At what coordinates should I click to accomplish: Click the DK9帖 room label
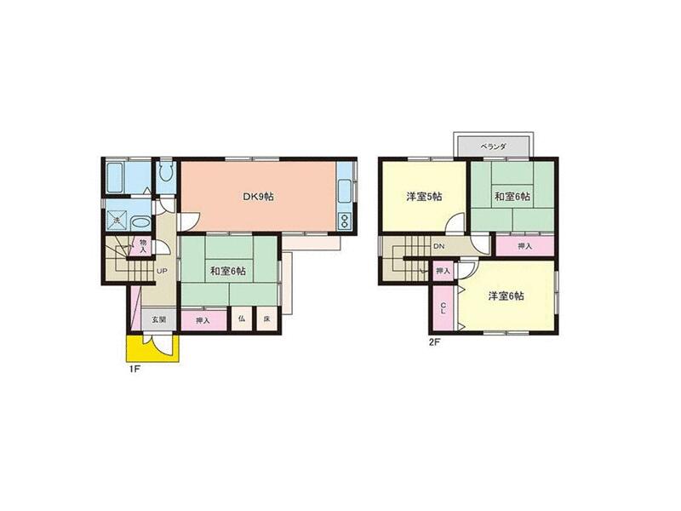258,197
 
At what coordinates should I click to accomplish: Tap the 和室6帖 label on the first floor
228,271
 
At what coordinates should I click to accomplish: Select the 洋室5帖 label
422,197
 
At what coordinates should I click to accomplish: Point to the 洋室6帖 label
506,296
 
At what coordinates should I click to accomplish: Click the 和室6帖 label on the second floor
512,197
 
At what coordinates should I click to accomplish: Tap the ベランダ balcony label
494,146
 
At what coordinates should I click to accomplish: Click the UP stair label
161,272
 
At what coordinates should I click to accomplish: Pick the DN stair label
438,247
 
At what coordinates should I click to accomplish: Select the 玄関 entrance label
159,320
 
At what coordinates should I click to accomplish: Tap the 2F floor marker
433,343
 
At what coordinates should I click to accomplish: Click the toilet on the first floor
166,176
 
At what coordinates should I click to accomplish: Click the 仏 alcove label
242,319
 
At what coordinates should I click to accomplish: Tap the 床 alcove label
266,319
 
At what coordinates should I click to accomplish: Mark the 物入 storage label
143,245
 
